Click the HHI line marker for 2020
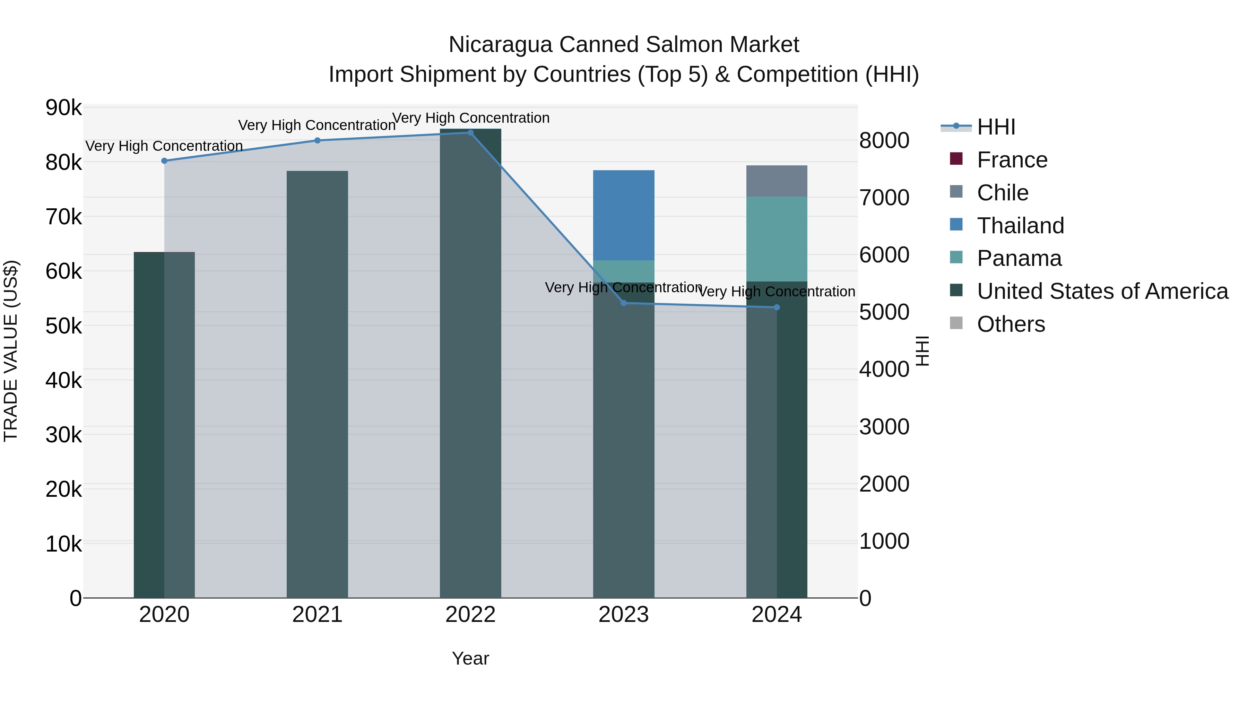tap(164, 161)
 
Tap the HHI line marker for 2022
tap(470, 133)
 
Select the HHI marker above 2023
tap(624, 303)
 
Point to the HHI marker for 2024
tap(777, 307)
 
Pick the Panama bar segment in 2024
tap(777, 239)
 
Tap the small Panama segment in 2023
tap(624, 271)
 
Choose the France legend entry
tap(1012, 160)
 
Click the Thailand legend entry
tap(1020, 226)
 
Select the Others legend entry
tap(1011, 324)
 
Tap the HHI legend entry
tap(996, 127)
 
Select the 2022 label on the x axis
tap(470, 615)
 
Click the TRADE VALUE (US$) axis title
tap(11, 351)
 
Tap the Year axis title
tap(470, 658)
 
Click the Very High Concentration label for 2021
tap(317, 125)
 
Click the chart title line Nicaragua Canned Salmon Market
tap(624, 45)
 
